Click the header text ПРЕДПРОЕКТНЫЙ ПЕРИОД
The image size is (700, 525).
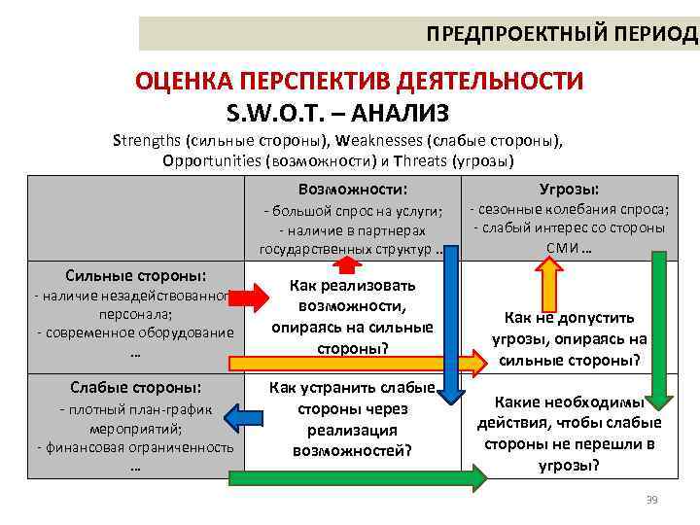coord(562,33)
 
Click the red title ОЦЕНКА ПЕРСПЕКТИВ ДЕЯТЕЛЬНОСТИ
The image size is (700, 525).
coord(359,81)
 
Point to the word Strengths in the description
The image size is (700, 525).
coord(147,139)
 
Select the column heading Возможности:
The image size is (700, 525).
coord(352,189)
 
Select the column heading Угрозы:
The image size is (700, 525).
coord(569,189)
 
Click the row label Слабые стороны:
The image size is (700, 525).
coord(134,386)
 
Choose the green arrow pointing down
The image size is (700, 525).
coord(660,331)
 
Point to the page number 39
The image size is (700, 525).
coord(651,500)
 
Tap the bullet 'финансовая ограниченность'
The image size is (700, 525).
coord(135,447)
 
